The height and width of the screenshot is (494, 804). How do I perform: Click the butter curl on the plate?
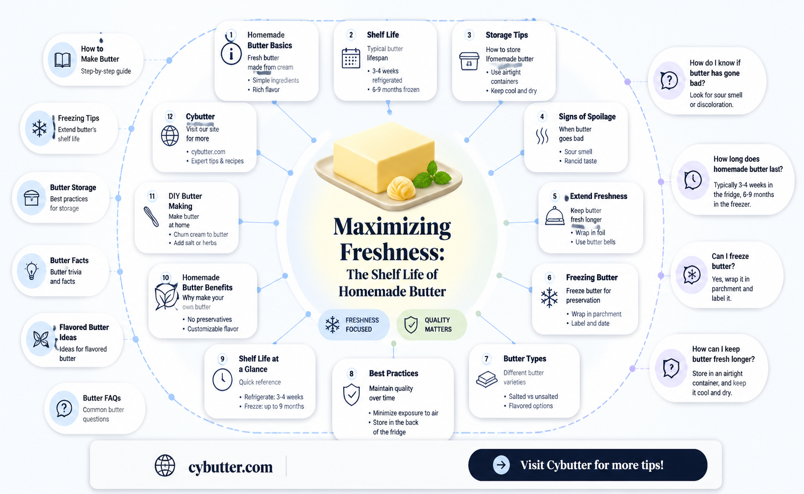pyautogui.click(x=401, y=188)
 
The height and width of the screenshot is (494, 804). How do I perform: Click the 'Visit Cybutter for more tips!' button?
pyautogui.click(x=587, y=465)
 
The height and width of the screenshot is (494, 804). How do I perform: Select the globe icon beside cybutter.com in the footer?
pyautogui.click(x=165, y=466)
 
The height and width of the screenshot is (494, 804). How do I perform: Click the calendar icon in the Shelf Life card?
pyautogui.click(x=351, y=58)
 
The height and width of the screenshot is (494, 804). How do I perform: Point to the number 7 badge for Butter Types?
pyautogui.click(x=486, y=359)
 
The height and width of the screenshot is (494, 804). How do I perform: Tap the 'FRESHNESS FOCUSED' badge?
pyautogui.click(x=354, y=325)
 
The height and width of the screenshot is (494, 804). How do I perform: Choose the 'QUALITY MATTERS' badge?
pyautogui.click(x=432, y=325)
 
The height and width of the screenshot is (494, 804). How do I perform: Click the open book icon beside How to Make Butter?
pyautogui.click(x=62, y=60)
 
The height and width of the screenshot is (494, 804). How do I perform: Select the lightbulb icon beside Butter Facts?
pyautogui.click(x=32, y=271)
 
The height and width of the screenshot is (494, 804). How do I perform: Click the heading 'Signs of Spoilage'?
pyautogui.click(x=587, y=117)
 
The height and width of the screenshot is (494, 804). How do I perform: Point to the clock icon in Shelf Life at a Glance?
pyautogui.click(x=222, y=379)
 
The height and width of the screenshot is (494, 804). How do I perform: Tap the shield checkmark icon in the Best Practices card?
pyautogui.click(x=351, y=394)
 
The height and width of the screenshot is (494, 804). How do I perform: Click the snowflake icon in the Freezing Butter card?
pyautogui.click(x=549, y=298)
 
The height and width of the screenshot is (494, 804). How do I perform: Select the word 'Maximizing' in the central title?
pyautogui.click(x=392, y=227)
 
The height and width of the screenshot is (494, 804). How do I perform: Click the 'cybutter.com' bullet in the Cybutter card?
pyautogui.click(x=208, y=152)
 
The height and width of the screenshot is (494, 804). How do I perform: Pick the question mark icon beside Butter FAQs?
pyautogui.click(x=64, y=409)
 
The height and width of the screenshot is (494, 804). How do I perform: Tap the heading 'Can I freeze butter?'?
pyautogui.click(x=730, y=261)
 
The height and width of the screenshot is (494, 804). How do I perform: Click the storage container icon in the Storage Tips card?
pyautogui.click(x=469, y=61)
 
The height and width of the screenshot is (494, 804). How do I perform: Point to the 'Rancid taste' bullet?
pyautogui.click(x=580, y=161)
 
